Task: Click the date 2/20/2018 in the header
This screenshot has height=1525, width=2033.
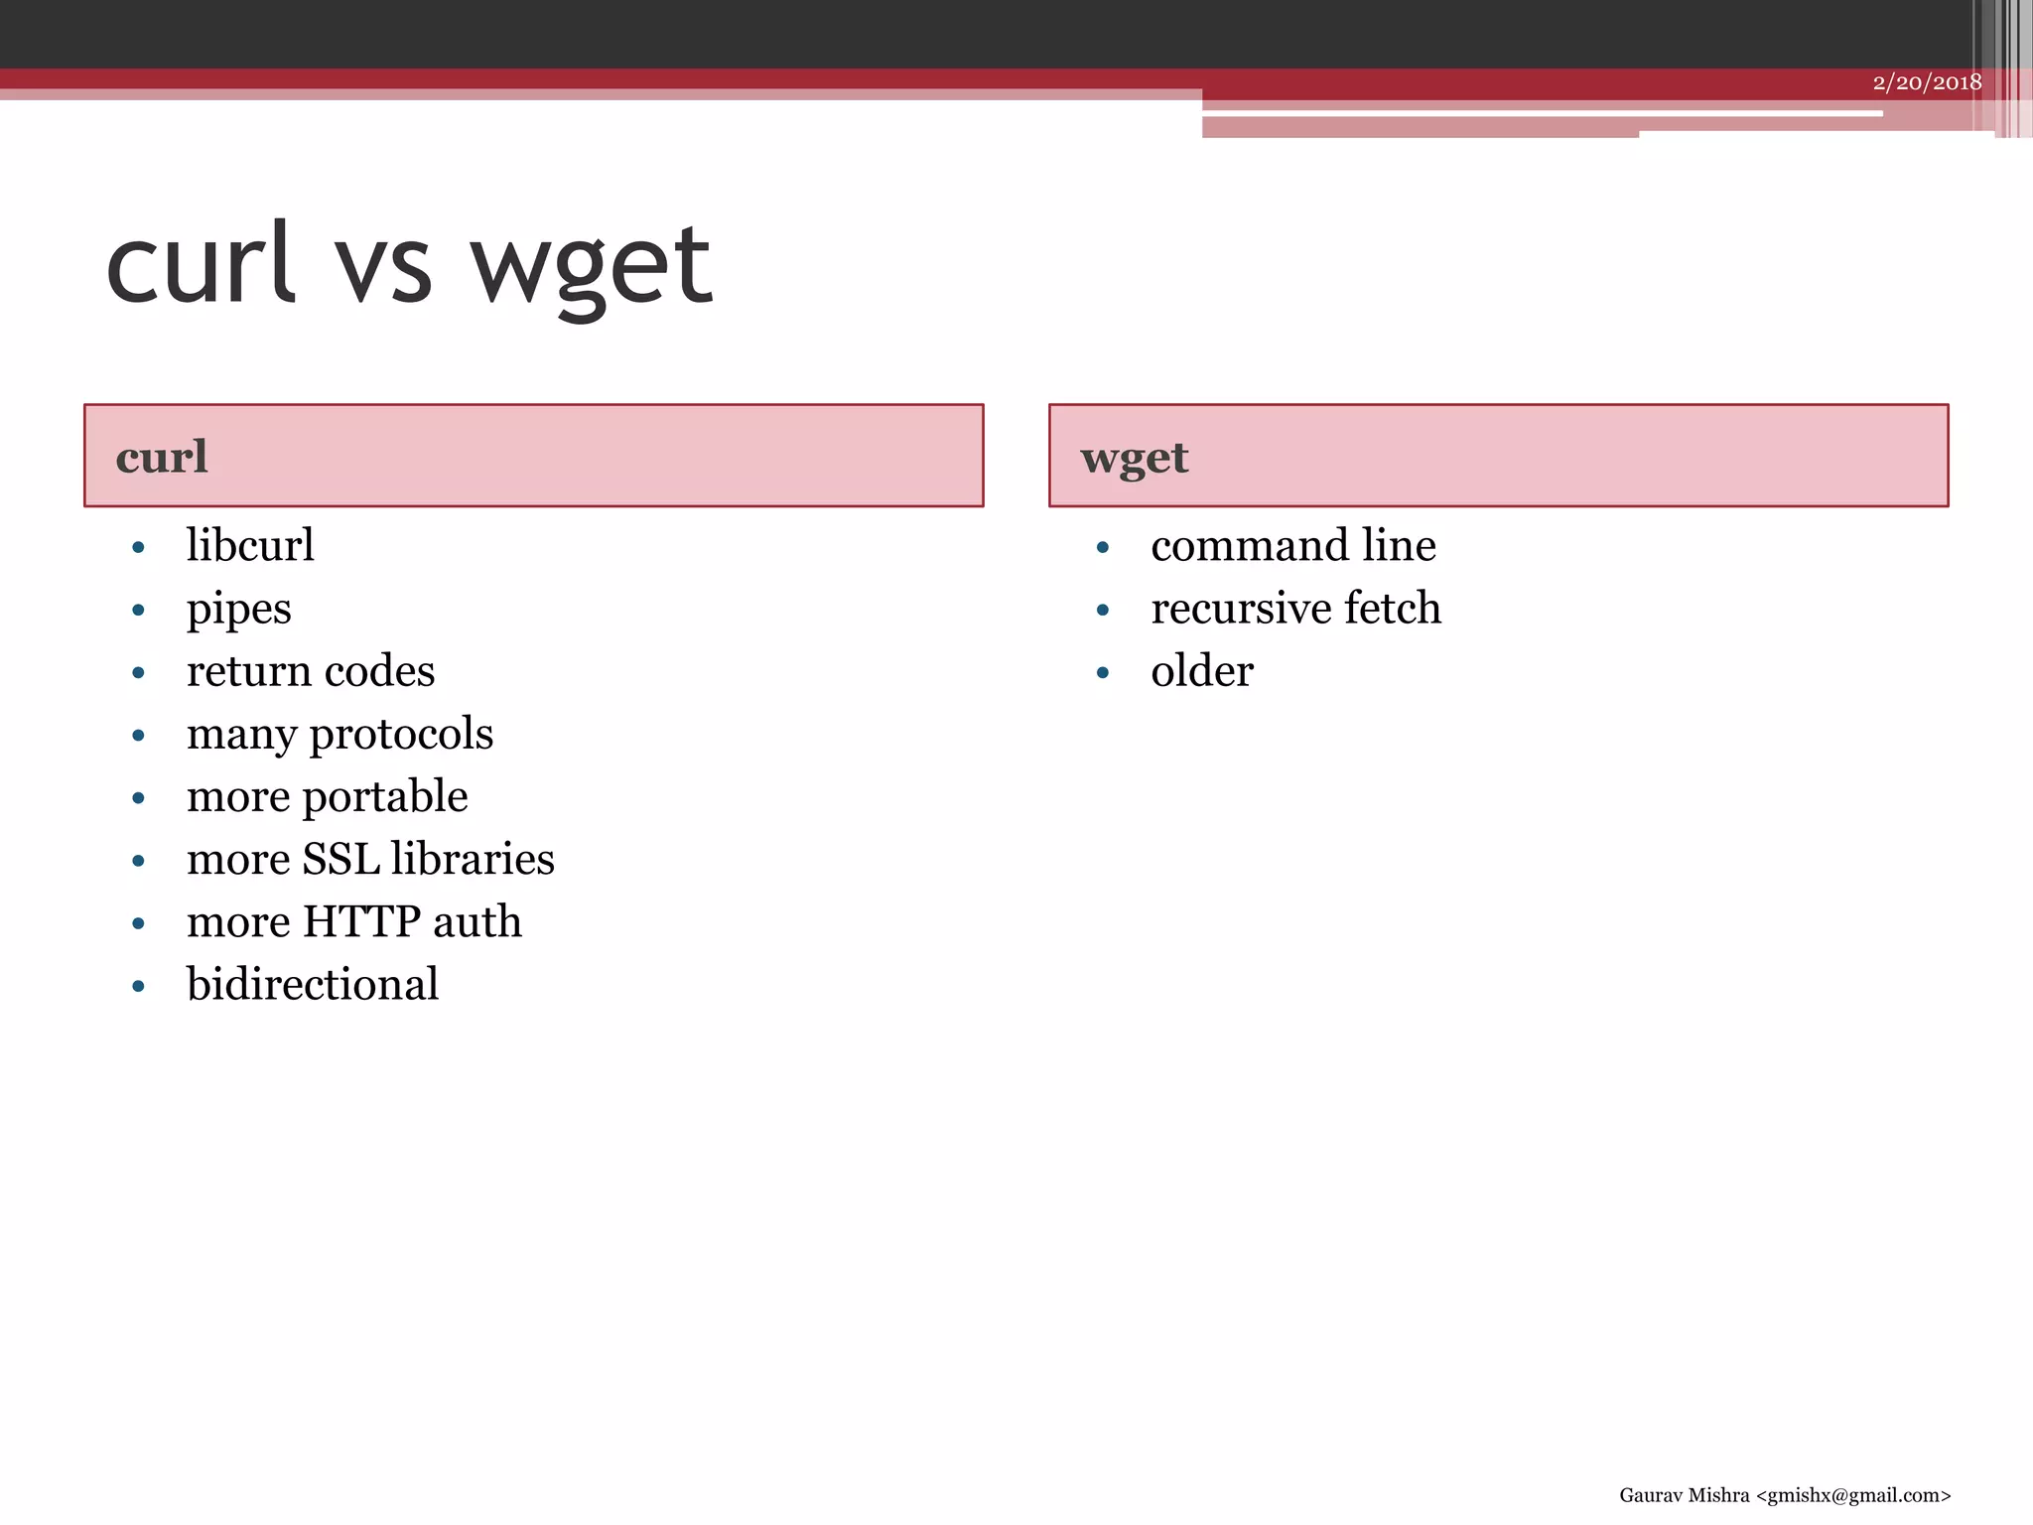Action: pyautogui.click(x=1926, y=82)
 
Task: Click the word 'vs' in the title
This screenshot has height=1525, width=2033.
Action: pyautogui.click(x=383, y=268)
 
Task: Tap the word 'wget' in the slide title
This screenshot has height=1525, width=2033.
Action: pyautogui.click(x=592, y=268)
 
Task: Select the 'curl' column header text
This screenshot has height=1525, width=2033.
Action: pyautogui.click(x=162, y=458)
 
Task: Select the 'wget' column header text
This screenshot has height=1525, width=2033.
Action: pyautogui.click(x=1134, y=459)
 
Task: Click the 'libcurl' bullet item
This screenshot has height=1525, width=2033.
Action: pyautogui.click(x=250, y=546)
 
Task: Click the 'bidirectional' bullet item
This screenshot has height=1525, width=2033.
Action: pyautogui.click(x=313, y=985)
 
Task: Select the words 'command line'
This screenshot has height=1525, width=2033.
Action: pyautogui.click(x=1292, y=546)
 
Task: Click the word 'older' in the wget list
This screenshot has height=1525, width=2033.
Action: pyautogui.click(x=1201, y=672)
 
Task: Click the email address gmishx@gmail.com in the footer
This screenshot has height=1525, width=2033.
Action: pyautogui.click(x=1852, y=1495)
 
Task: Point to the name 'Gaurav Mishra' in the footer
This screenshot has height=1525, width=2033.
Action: pyautogui.click(x=1684, y=1495)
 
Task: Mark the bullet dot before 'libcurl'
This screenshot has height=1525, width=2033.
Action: pyautogui.click(x=138, y=548)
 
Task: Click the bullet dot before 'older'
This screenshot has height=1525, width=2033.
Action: pyautogui.click(x=1102, y=673)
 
